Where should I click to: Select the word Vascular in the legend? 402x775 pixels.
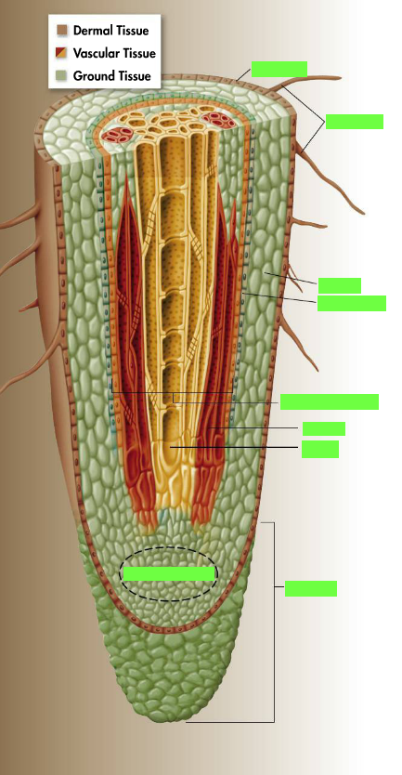(x=97, y=53)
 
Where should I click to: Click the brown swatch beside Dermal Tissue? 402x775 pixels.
(x=61, y=31)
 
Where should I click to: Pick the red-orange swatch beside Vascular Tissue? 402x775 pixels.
(x=61, y=53)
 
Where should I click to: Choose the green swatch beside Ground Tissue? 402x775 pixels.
(x=61, y=76)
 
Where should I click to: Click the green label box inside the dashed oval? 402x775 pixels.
(x=169, y=573)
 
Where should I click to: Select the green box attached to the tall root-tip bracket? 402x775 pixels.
(x=311, y=588)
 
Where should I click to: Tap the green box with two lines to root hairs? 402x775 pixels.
(x=354, y=122)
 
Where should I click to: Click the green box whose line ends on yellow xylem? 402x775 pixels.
(x=320, y=449)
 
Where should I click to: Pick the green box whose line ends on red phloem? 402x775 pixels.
(x=323, y=429)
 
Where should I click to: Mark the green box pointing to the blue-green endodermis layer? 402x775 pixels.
(x=352, y=304)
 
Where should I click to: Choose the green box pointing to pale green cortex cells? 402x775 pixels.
(x=339, y=285)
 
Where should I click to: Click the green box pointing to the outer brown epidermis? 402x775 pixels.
(x=279, y=69)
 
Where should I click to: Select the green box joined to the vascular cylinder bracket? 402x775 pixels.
(x=330, y=401)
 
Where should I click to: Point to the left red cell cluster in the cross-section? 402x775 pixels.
(x=121, y=135)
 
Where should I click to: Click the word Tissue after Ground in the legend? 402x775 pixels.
(x=134, y=76)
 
